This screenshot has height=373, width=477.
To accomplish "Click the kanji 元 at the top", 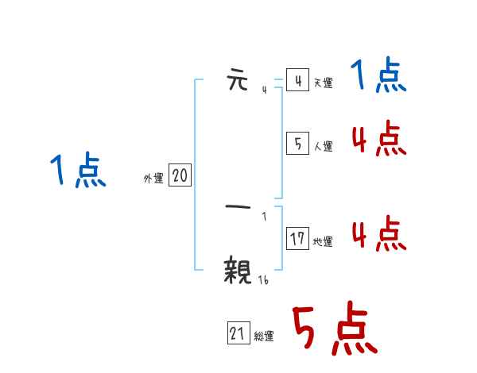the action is click(238, 81).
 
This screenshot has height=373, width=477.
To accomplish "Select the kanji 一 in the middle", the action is click(238, 208).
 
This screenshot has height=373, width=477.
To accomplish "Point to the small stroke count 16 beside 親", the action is click(264, 279).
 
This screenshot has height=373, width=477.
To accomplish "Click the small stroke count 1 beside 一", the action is click(264, 216).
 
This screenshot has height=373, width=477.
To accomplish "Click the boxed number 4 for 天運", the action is click(297, 81).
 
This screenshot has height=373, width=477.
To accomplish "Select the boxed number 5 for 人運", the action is click(297, 144).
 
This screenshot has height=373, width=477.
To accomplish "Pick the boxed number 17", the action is click(297, 239).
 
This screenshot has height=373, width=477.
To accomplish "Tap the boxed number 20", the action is click(180, 176).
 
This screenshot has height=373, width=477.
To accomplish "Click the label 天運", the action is click(323, 83).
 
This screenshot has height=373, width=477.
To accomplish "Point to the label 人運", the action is click(323, 146).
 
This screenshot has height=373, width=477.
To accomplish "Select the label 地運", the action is click(323, 241).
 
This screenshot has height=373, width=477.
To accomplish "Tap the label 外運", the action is click(153, 179).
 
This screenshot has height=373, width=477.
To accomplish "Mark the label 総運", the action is click(264, 336).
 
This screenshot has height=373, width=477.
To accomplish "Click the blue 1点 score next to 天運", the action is click(378, 77).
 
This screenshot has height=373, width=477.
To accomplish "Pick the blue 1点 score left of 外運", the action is click(78, 171).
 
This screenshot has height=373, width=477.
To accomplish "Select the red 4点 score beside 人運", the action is click(378, 140).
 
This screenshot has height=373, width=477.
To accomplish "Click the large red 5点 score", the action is click(334, 330).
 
